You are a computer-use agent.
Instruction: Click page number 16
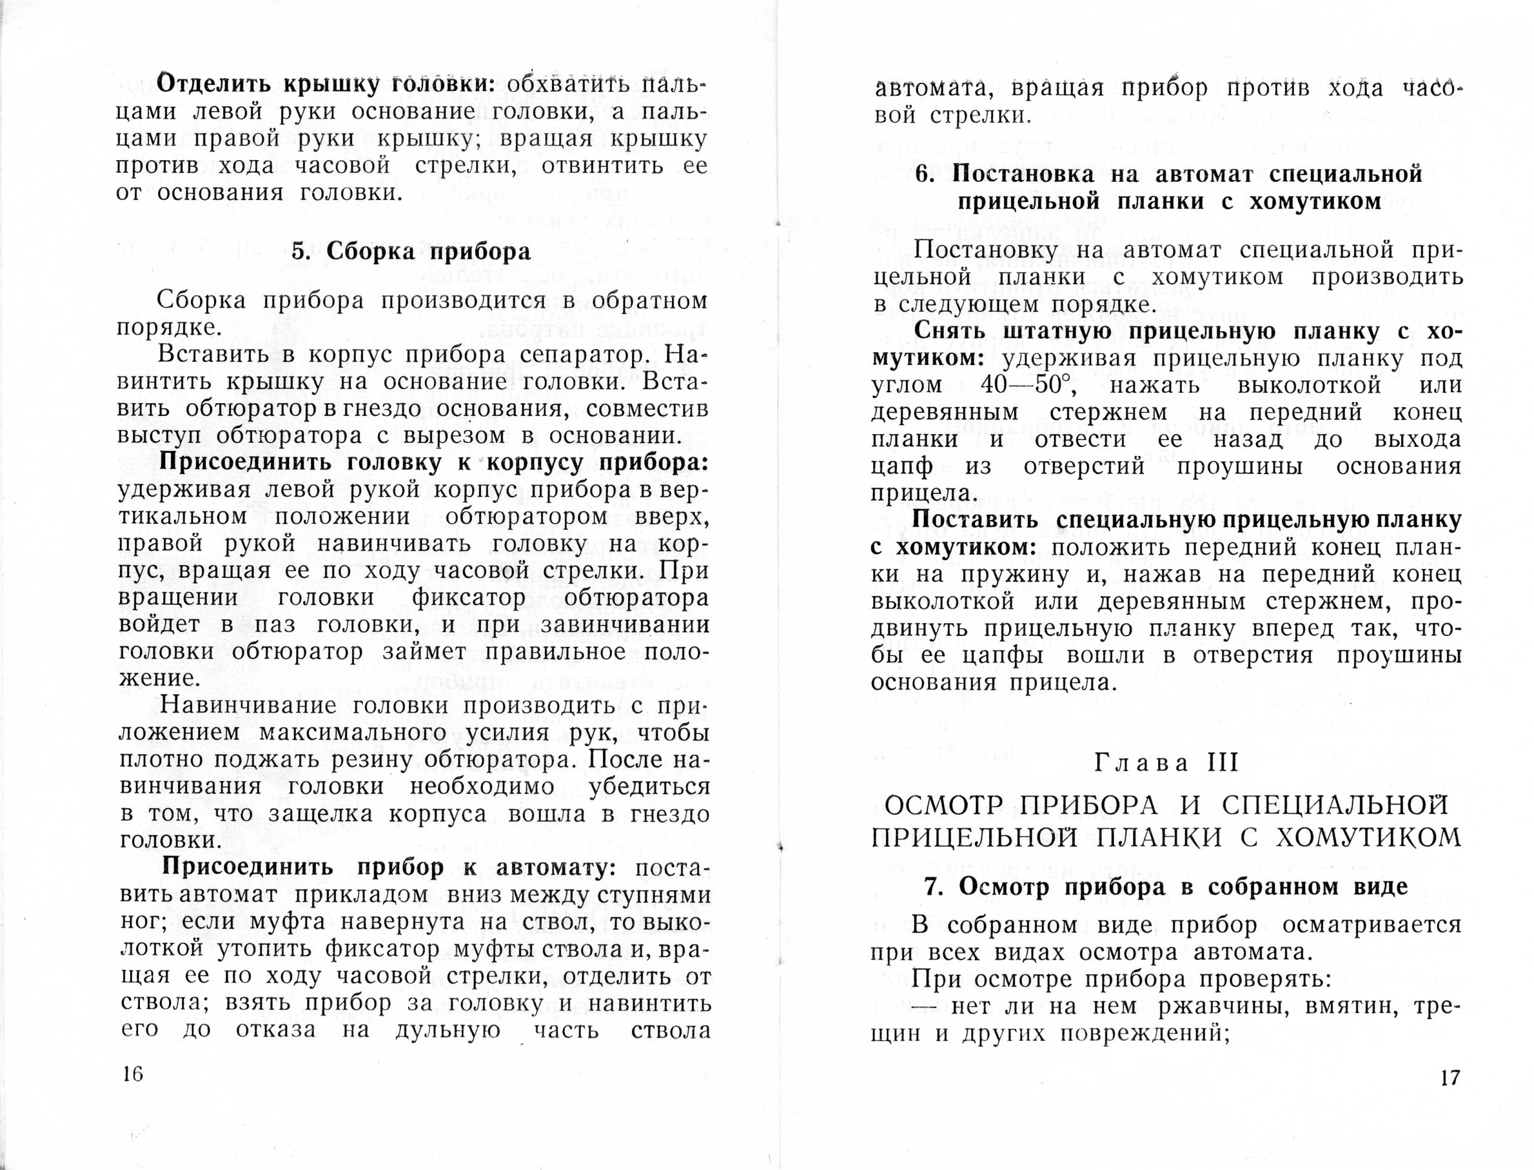(132, 1073)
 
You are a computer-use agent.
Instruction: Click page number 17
(1450, 1078)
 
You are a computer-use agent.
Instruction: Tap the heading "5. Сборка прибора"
(411, 252)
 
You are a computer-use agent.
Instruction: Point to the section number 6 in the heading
(923, 174)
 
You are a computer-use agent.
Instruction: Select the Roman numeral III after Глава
(1224, 763)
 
